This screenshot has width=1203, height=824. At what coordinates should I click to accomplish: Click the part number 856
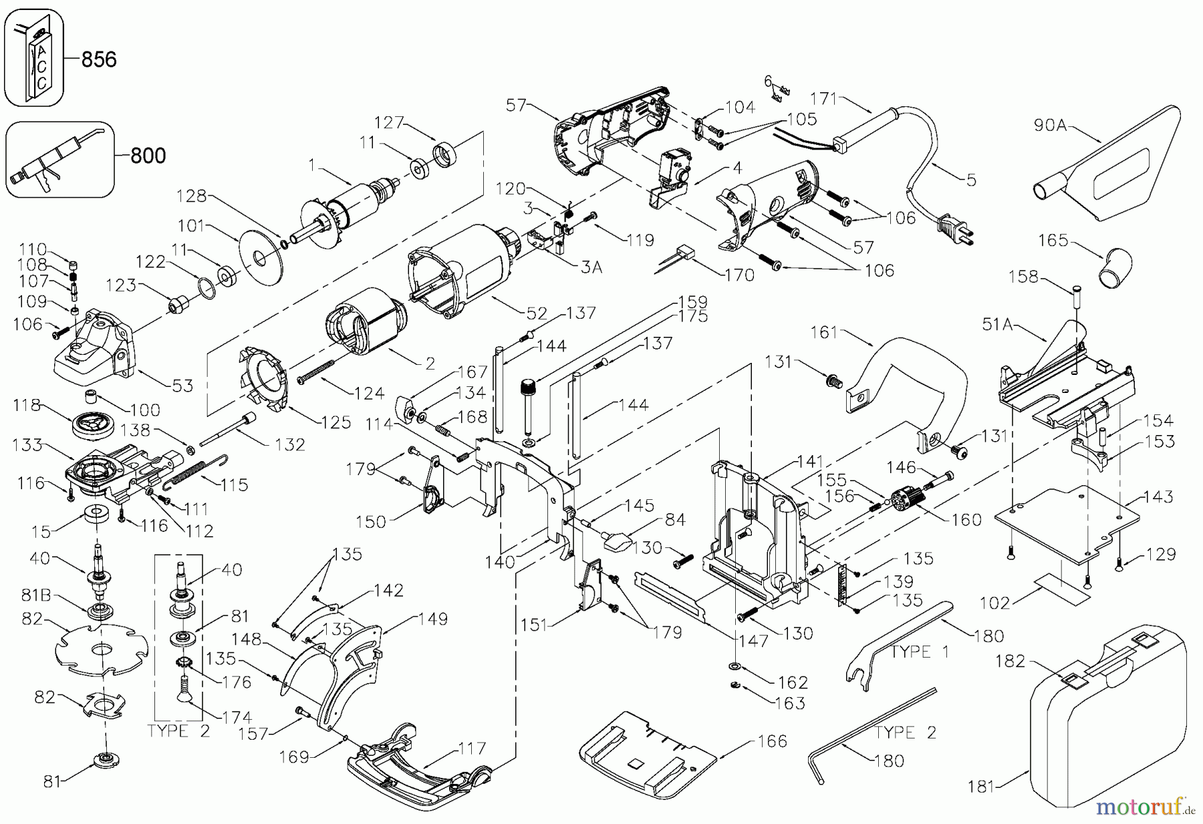[x=98, y=59]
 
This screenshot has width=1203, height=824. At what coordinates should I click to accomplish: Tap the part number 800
[x=147, y=156]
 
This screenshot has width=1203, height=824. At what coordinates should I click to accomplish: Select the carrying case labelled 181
[x=1106, y=722]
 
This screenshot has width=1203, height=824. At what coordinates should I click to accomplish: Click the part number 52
[x=537, y=313]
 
